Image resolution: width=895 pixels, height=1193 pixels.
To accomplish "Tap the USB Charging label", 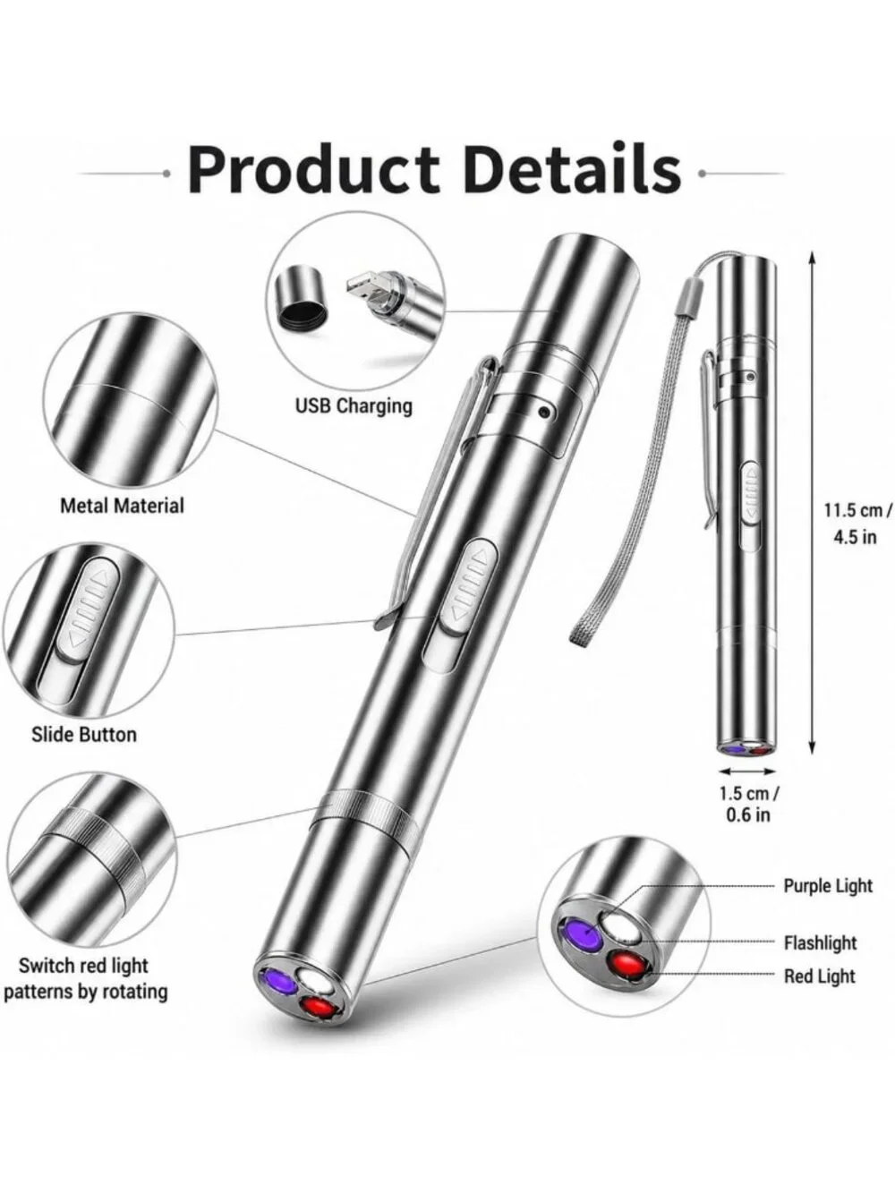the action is tap(354, 405).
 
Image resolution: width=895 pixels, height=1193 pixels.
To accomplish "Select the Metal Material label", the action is tap(123, 506).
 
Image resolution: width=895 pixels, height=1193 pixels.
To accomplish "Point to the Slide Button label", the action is tap(84, 734).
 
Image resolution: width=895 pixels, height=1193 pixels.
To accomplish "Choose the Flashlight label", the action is tap(820, 942).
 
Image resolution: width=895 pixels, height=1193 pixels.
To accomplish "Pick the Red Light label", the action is tap(820, 976).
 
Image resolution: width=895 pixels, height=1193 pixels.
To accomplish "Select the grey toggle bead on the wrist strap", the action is tap(688, 302).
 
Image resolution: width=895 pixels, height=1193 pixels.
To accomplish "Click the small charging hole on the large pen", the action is tap(544, 413).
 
